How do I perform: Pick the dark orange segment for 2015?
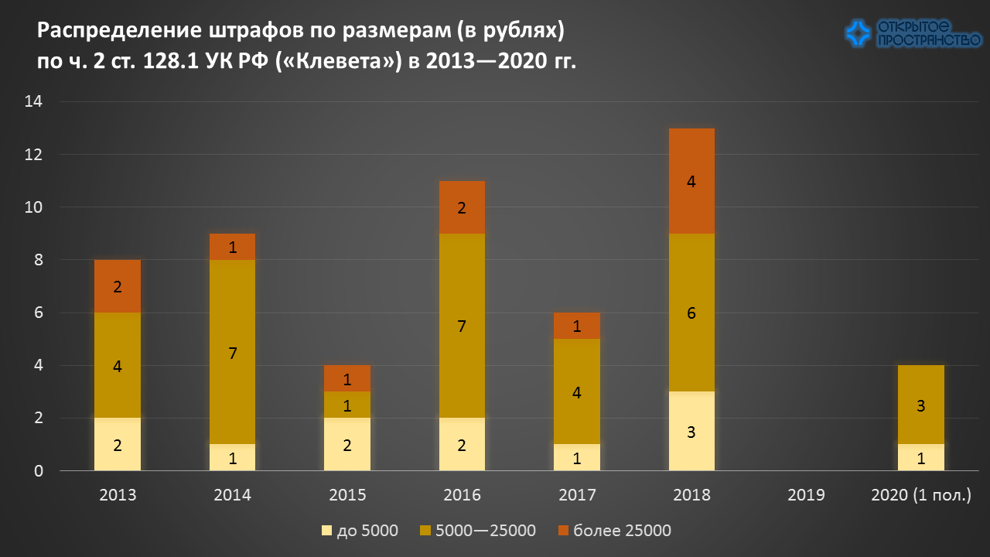point(347,378)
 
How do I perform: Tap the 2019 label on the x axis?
point(806,495)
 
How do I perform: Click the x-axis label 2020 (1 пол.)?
point(920,495)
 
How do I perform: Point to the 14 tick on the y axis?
point(33,102)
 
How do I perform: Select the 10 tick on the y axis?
point(33,207)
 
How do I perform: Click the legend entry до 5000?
point(360,531)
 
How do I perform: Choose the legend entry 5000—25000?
point(477,531)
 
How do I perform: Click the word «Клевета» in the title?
point(343,62)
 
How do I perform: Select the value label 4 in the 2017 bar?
point(577,392)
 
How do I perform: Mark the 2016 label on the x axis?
point(462,495)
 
